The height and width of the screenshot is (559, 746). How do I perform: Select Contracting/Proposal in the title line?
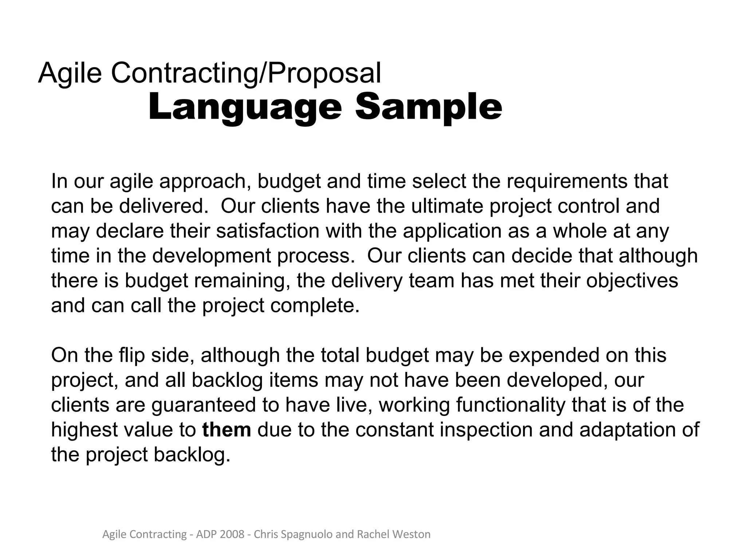click(246, 73)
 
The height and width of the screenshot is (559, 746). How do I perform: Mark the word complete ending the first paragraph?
click(315, 306)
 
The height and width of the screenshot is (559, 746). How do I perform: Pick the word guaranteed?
click(204, 405)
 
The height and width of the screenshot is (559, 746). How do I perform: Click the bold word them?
click(227, 430)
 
